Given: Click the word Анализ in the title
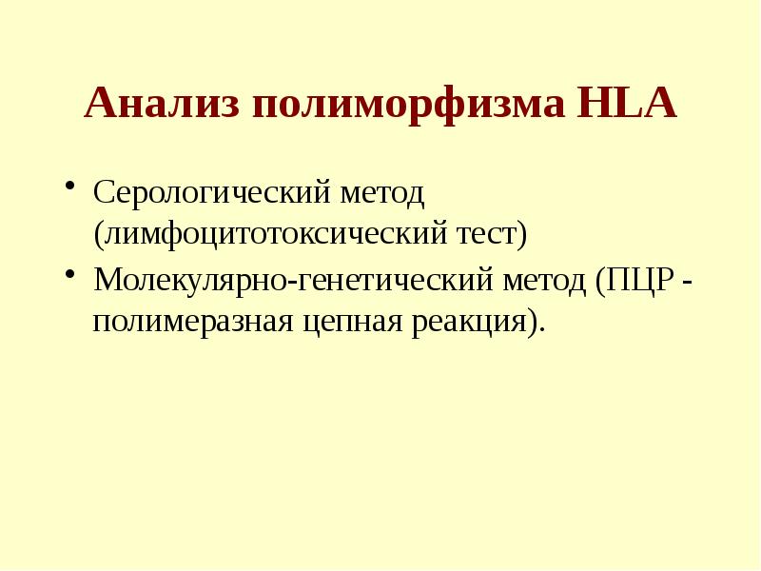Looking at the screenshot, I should coord(162,104).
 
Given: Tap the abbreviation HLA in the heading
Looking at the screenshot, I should coord(627,104).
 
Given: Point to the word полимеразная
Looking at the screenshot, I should coord(190,321).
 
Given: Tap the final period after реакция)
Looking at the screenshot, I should coord(543,329).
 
